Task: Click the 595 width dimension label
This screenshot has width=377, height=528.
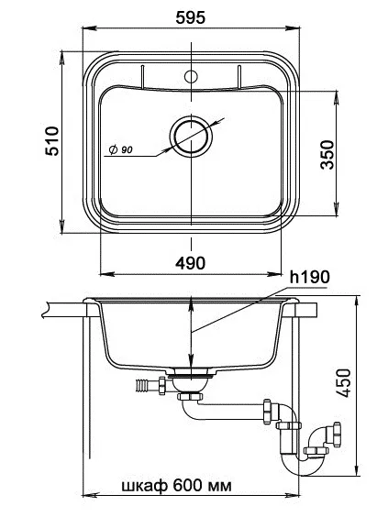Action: [191, 17]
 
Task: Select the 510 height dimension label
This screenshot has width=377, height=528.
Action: [52, 141]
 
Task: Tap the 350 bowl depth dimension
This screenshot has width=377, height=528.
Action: [327, 155]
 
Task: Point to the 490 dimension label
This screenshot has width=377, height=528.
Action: [191, 263]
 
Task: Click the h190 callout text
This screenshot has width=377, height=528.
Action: [310, 277]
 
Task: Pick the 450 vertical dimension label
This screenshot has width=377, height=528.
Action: [344, 383]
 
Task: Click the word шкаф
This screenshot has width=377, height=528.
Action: [144, 486]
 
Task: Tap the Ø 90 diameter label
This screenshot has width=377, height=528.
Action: [120, 149]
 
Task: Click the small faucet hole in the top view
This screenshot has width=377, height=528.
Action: [191, 77]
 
